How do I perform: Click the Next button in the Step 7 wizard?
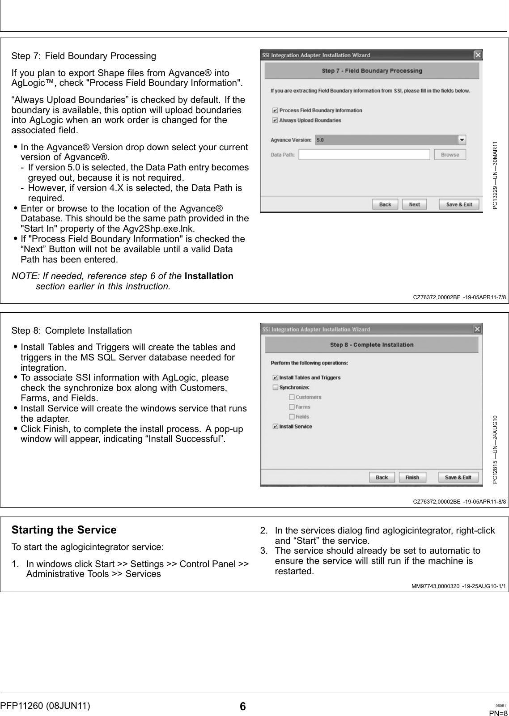coord(414,204)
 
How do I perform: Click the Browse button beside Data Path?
coord(450,155)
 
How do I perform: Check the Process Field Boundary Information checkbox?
coord(275,110)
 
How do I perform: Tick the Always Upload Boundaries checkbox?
coord(275,120)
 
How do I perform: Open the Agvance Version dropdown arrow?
coord(462,140)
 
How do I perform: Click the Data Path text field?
coord(364,155)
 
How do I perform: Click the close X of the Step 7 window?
coord(478,55)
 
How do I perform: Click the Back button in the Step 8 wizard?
coord(382,477)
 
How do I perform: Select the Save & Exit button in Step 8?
coord(458,477)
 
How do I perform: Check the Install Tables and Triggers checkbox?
coord(276,377)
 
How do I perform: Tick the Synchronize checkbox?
coord(276,387)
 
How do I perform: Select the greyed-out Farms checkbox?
coord(292,407)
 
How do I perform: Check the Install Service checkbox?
coord(276,427)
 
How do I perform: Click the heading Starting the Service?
coord(64,530)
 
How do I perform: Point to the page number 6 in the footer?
coord(242,707)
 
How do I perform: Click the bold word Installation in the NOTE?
coord(209,276)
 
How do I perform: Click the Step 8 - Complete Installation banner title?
coord(371,345)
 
